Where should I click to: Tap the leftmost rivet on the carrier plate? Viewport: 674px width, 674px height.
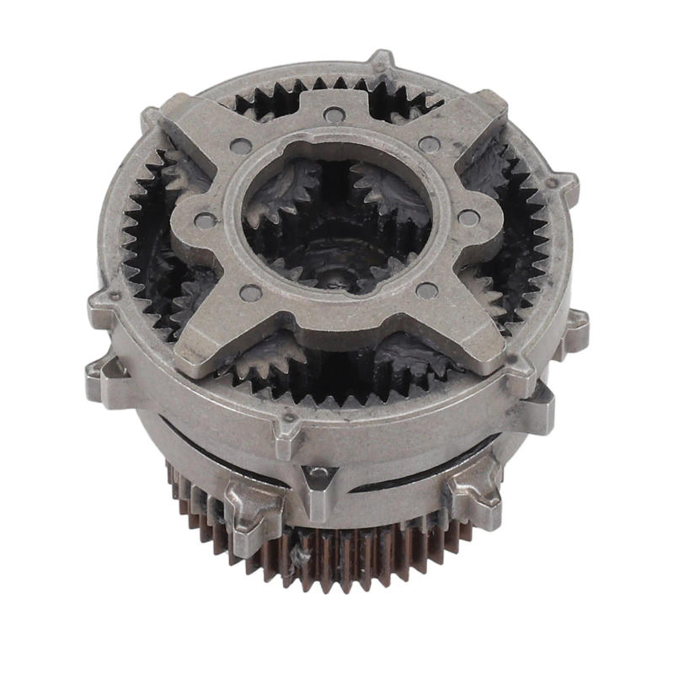[x=202, y=221]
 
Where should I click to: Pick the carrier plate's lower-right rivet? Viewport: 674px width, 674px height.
[x=426, y=291]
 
